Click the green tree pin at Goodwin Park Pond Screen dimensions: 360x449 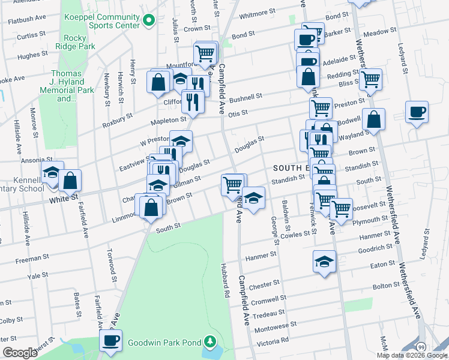coord(209,341)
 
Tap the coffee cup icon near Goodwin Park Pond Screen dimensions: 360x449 coord(110,340)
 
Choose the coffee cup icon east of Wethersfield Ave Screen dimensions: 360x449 coord(417,112)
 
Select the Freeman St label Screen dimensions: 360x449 coord(32,259)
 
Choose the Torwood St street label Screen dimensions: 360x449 coord(110,265)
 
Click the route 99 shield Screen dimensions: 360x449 coord(421,347)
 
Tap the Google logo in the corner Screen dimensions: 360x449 coord(20,353)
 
